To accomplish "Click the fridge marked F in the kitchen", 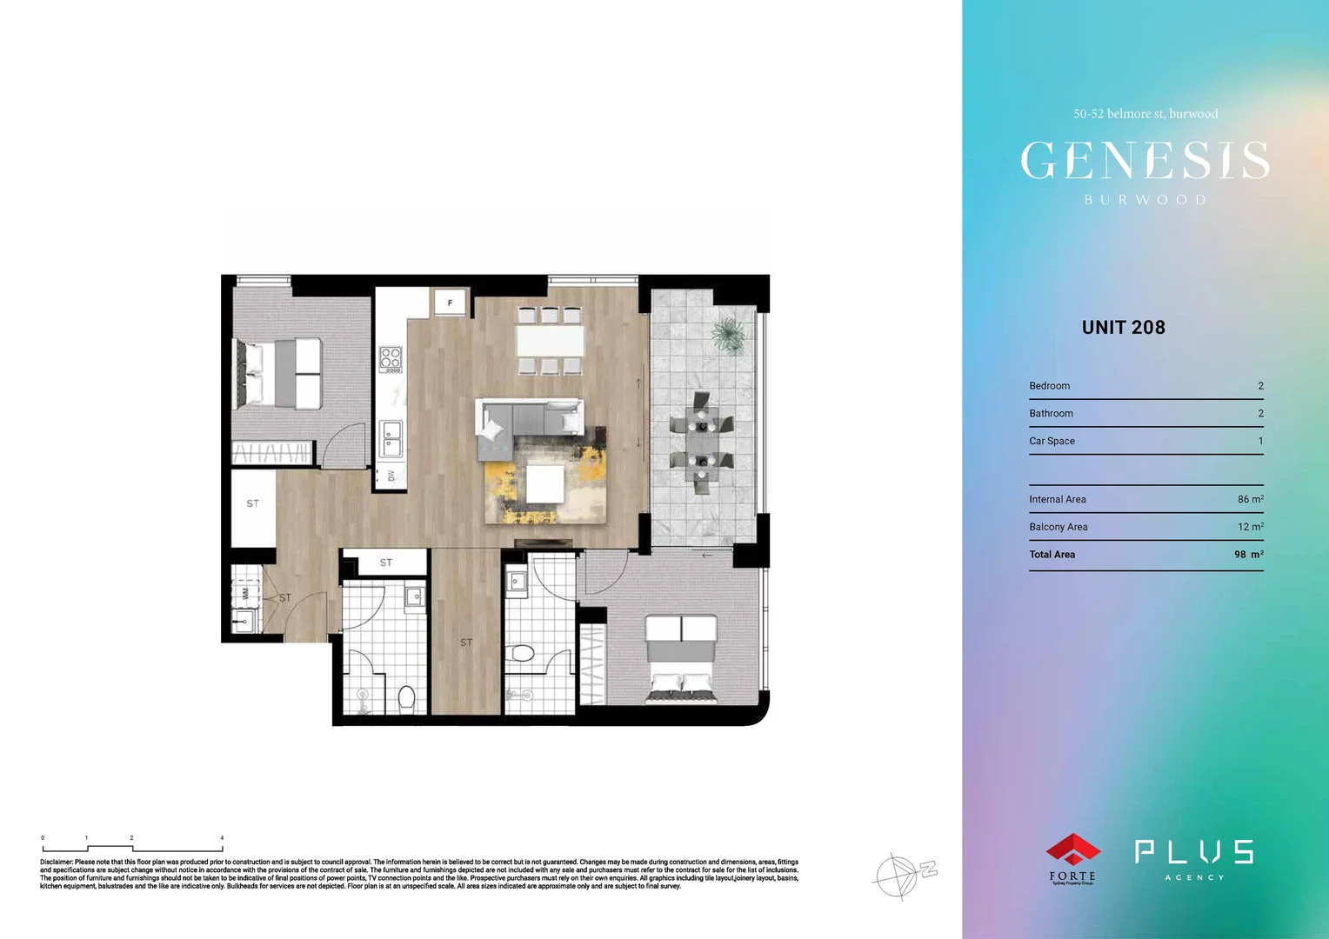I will [x=450, y=303].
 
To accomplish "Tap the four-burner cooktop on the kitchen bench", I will [x=391, y=358].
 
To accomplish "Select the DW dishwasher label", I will [x=391, y=476].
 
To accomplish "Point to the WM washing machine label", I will [x=245, y=594].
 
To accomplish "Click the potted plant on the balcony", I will [x=727, y=335].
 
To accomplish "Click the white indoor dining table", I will [x=550, y=340].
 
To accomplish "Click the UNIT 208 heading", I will [x=1123, y=328].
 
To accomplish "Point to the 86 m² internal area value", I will [x=1250, y=499].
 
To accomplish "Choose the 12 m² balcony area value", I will [x=1250, y=527].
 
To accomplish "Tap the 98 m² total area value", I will [x=1248, y=555].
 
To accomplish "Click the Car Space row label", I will [x=1052, y=441].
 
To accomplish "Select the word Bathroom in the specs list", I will [x=1051, y=413].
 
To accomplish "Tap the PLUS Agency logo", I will [x=1194, y=858].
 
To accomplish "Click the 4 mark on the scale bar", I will [x=222, y=838].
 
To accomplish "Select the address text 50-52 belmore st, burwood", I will [x=1145, y=114].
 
